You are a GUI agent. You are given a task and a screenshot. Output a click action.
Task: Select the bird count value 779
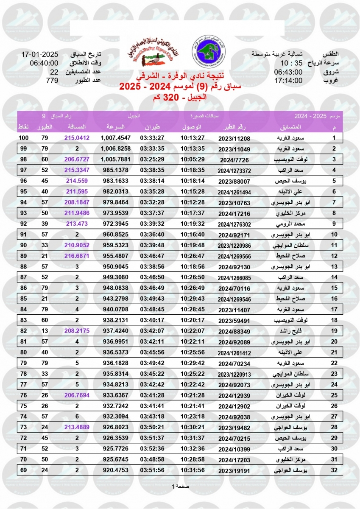[52, 80]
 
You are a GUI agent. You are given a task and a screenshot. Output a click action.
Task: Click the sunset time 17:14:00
[288, 80]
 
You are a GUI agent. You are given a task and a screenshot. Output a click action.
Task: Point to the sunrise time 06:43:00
[288, 72]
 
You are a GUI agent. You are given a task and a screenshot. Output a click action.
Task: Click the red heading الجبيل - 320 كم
[180, 97]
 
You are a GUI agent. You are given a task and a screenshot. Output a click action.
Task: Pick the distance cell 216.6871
[77, 256]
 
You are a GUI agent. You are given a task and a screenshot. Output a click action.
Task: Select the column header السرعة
[115, 127]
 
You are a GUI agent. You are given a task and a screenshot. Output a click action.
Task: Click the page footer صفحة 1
[180, 486]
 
